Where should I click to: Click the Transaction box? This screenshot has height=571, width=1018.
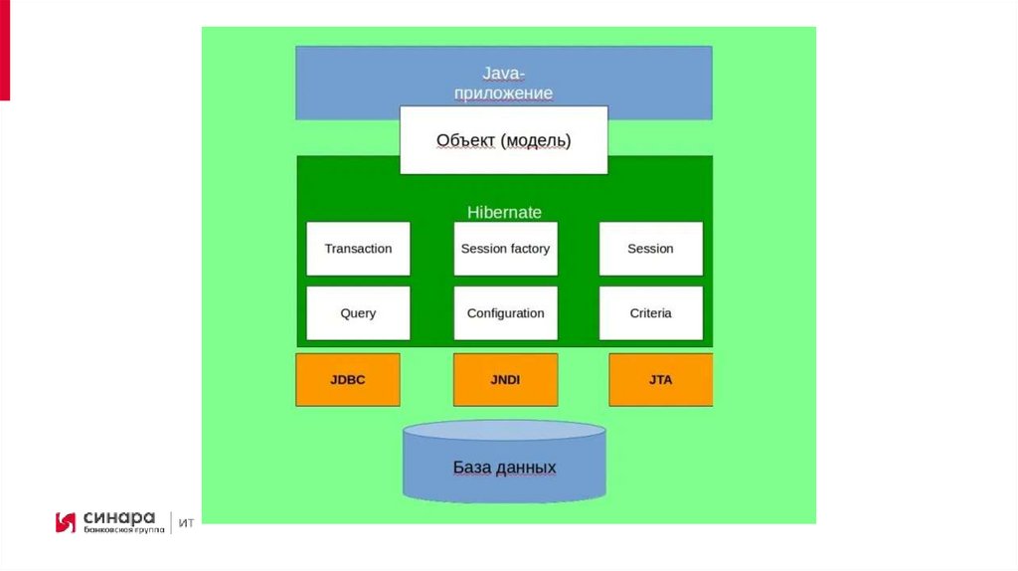click(x=358, y=249)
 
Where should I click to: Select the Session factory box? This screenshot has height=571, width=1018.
click(x=505, y=249)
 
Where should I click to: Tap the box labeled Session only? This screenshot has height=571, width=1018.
click(x=650, y=249)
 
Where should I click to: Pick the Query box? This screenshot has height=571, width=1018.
click(x=358, y=313)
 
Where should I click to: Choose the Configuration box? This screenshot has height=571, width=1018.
click(x=505, y=313)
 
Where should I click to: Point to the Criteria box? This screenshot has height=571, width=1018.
click(x=650, y=313)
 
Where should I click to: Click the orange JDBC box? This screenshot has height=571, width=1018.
click(x=348, y=379)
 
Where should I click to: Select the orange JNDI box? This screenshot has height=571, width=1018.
click(x=505, y=379)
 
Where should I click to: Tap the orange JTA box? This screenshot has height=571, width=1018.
click(x=660, y=379)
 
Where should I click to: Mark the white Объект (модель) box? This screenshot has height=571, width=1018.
click(x=504, y=140)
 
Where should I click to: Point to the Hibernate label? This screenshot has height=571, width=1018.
click(x=504, y=212)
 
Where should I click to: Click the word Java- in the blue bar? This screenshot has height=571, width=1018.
click(x=504, y=73)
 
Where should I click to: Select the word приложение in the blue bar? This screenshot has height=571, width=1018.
click(x=504, y=94)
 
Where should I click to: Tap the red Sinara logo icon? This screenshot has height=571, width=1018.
click(x=66, y=522)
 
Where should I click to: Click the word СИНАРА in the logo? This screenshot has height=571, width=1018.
click(x=119, y=517)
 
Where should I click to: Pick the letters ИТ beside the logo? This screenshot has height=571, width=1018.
click(x=186, y=523)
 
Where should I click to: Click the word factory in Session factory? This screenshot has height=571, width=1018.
click(x=530, y=249)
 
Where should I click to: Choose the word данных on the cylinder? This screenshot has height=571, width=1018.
click(x=527, y=468)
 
